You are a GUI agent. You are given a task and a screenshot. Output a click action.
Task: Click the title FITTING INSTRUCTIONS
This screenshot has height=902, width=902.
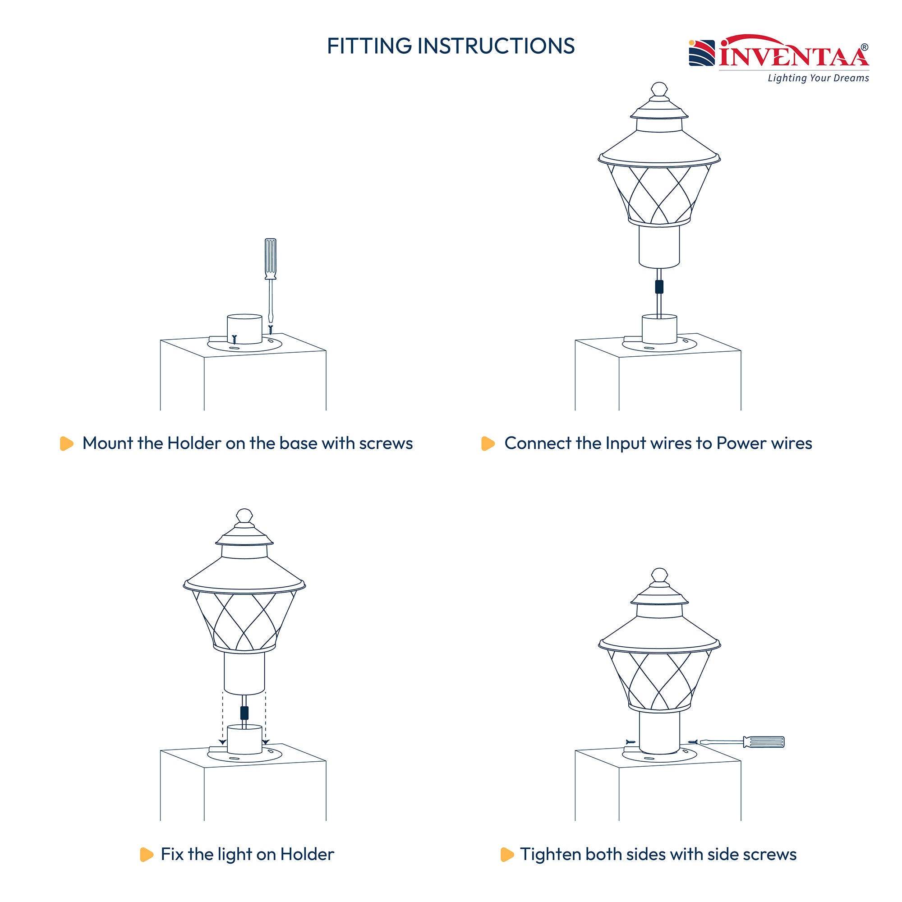point(451,46)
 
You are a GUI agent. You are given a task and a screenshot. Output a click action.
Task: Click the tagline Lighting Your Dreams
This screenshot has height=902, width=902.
point(818,78)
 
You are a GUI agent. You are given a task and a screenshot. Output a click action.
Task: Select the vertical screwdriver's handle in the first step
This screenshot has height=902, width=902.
point(270,258)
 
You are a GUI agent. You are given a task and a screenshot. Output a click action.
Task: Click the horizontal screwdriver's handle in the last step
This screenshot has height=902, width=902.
point(764,742)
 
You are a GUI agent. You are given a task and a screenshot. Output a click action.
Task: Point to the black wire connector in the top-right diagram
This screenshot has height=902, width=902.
point(659,287)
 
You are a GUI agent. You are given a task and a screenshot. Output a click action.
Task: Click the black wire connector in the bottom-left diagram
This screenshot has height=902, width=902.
point(244,713)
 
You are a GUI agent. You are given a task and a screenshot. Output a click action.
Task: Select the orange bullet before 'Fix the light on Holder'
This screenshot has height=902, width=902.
point(146,854)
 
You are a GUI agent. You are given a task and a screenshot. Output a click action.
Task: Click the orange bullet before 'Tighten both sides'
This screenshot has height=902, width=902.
point(506,854)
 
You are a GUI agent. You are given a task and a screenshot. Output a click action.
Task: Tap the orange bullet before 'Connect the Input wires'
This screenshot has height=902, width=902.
point(488,443)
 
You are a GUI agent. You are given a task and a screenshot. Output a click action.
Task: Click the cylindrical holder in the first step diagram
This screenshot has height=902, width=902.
point(244,329)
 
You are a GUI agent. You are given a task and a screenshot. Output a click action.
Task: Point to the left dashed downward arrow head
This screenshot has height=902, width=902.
point(223,742)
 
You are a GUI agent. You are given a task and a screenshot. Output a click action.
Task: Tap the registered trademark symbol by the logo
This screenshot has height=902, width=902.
point(864,47)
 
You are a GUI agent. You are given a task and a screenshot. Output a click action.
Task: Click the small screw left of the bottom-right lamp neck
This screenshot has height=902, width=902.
point(630,742)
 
